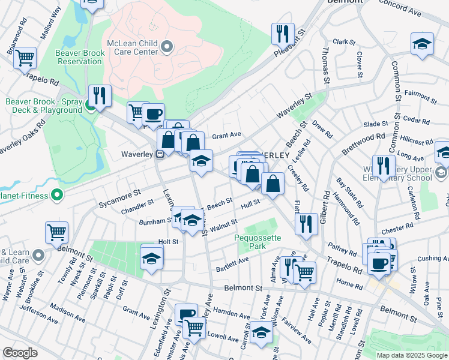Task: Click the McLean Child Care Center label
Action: [x=135, y=44]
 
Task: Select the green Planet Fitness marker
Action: [x=57, y=194]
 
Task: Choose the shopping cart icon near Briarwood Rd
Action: [x=26, y=58]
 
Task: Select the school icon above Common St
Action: [x=423, y=43]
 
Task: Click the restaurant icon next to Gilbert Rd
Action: [x=307, y=223]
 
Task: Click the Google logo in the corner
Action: [x=20, y=353]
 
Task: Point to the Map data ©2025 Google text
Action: [x=411, y=355]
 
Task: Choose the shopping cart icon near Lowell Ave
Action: [x=194, y=327]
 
